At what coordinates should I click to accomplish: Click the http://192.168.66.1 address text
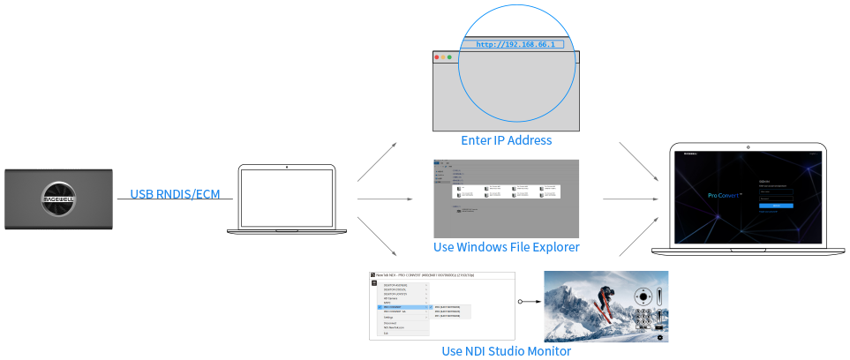(515, 44)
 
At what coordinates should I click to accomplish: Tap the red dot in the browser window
(436, 57)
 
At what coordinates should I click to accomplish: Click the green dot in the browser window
(449, 57)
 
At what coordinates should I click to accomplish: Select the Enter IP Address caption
(506, 140)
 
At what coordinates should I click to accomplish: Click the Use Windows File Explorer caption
(506, 246)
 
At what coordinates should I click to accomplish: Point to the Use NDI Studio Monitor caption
(506, 351)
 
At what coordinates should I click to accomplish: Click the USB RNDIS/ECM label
(175, 194)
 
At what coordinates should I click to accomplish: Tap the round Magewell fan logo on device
(58, 199)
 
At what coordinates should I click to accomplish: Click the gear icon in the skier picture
(658, 335)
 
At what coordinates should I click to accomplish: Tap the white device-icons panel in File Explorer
(507, 191)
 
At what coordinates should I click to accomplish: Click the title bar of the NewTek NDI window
(441, 275)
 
